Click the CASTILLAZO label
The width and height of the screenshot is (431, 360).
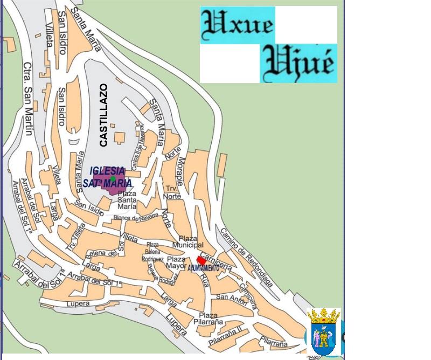[x=103, y=115]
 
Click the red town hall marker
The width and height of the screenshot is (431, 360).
[x=201, y=260]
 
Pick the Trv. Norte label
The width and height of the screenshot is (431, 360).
[x=173, y=192]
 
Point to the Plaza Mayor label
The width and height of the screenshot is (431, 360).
[x=176, y=262]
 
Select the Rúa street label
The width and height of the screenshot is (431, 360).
[x=204, y=280]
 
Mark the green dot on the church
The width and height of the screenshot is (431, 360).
[x=113, y=178]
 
